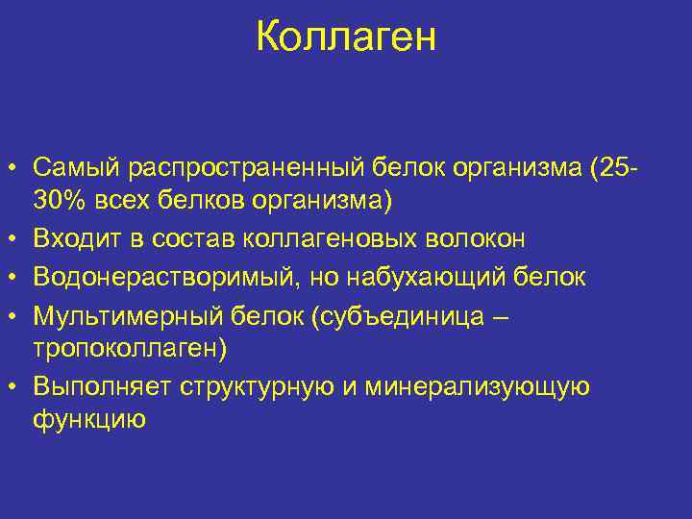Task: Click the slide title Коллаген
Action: click(346, 37)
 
